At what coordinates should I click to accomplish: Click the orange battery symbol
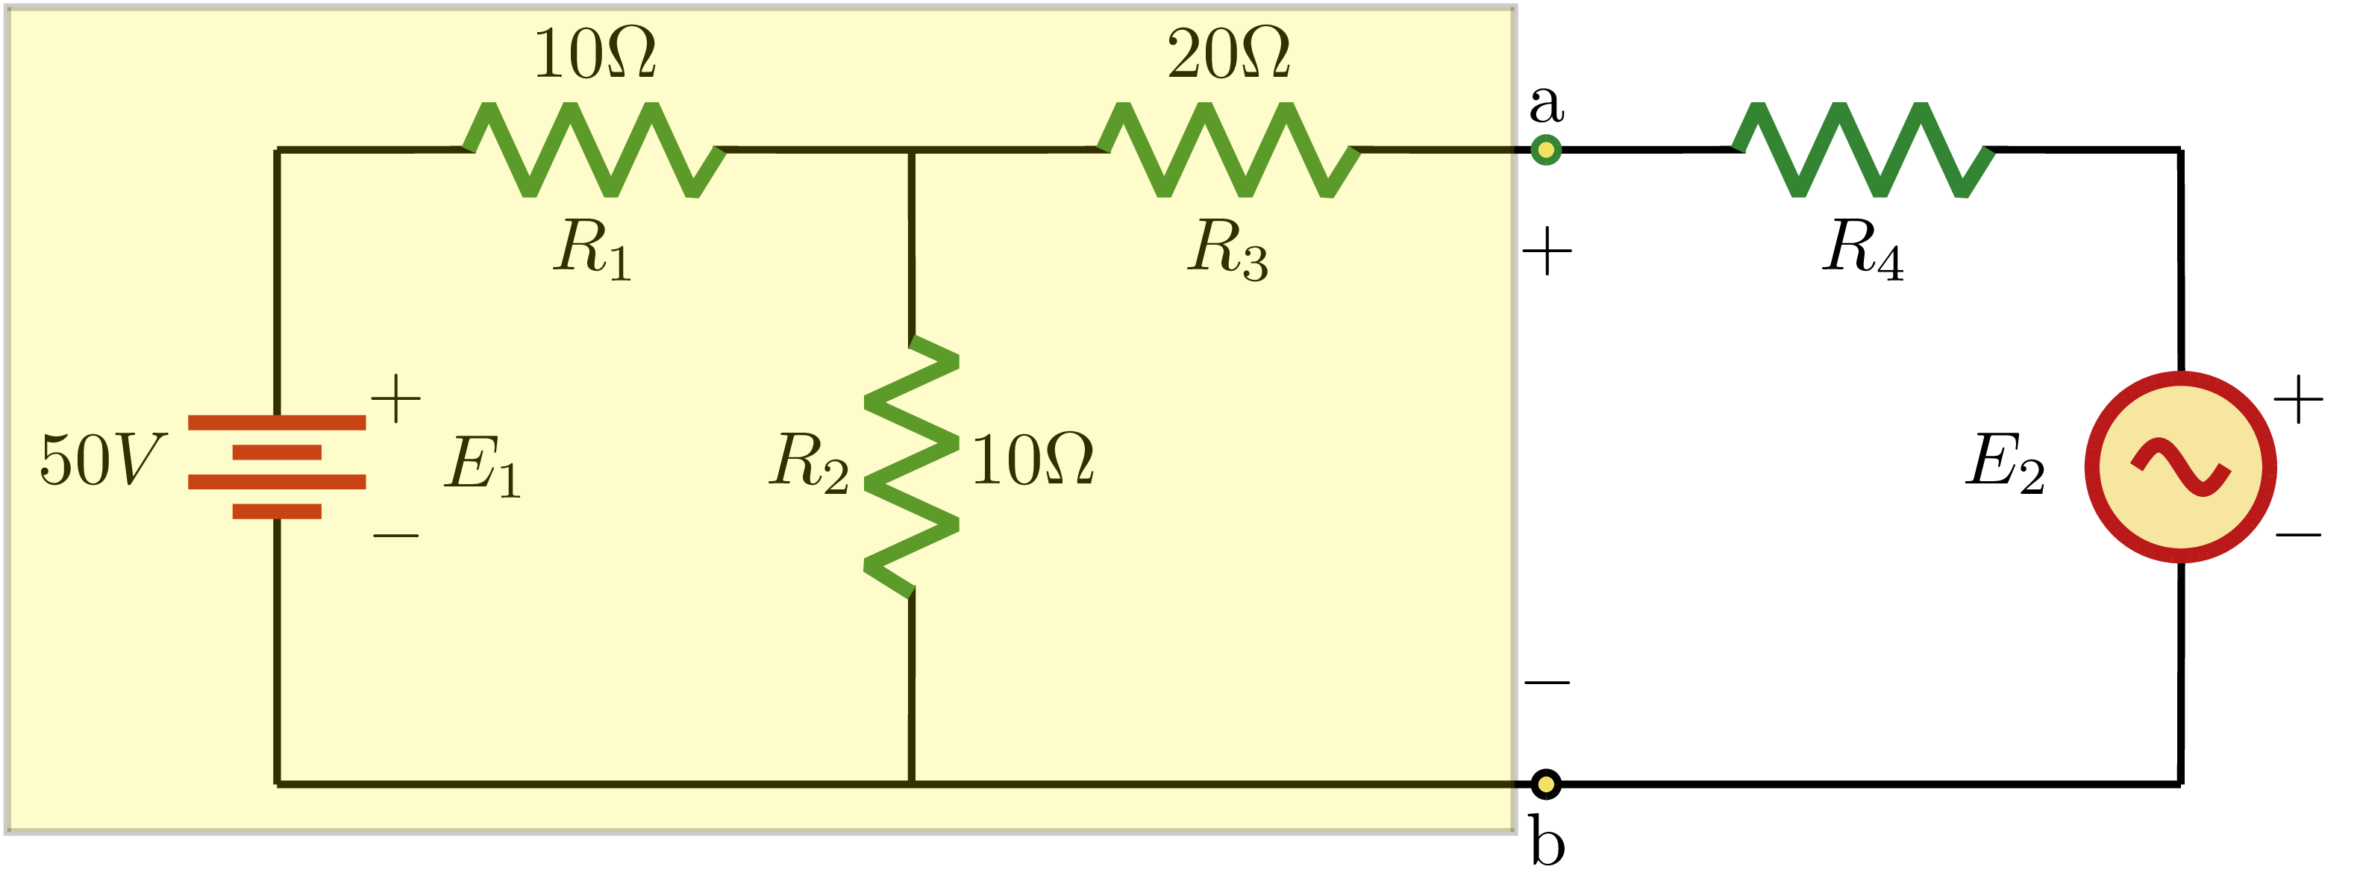tap(277, 467)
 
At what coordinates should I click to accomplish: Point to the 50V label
tap(101, 460)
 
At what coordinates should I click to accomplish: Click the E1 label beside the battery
tap(483, 465)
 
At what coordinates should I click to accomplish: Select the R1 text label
tap(592, 248)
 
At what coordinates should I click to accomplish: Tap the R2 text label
tap(808, 462)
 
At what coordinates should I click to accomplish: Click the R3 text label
tap(1227, 248)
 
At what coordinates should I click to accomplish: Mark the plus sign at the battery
tap(395, 399)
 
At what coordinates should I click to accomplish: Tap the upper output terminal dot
tap(1546, 149)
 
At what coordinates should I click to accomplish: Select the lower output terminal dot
tap(1546, 784)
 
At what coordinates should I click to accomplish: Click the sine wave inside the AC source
tap(2179, 467)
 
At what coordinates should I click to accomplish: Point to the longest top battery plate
tap(277, 423)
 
